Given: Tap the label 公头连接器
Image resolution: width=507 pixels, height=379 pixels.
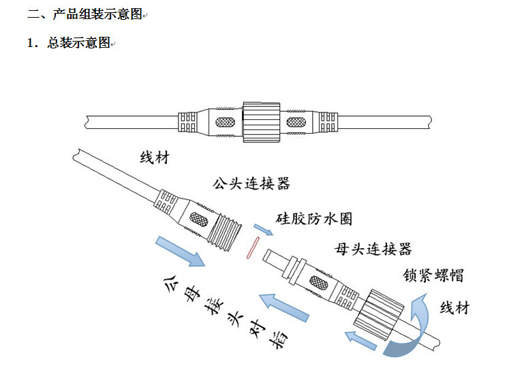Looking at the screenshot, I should pyautogui.click(x=251, y=183).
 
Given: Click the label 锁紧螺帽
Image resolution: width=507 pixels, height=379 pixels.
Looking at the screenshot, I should pyautogui.click(x=433, y=275).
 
